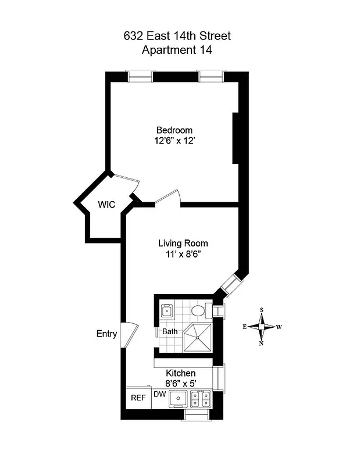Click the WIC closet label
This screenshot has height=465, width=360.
[106, 205]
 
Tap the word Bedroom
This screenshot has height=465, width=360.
[174, 130]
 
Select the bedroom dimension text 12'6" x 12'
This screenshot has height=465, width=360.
[174, 141]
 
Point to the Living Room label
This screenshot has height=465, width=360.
[183, 244]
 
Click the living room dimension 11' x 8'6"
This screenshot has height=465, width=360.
[183, 254]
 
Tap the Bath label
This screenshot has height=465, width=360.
[170, 332]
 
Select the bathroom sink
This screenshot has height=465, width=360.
[167, 310]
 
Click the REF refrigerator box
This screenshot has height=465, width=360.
[138, 398]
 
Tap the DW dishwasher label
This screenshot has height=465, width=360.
[160, 394]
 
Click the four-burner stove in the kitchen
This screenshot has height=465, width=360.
[201, 399]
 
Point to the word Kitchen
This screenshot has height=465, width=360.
[181, 373]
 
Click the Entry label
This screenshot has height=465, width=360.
[106, 334]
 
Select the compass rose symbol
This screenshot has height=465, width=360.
[262, 327]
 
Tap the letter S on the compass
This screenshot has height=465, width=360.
[262, 310]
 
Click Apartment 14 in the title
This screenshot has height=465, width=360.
[177, 50]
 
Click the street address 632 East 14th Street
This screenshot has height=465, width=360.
[177, 36]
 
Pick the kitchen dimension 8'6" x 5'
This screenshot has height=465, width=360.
[181, 383]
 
